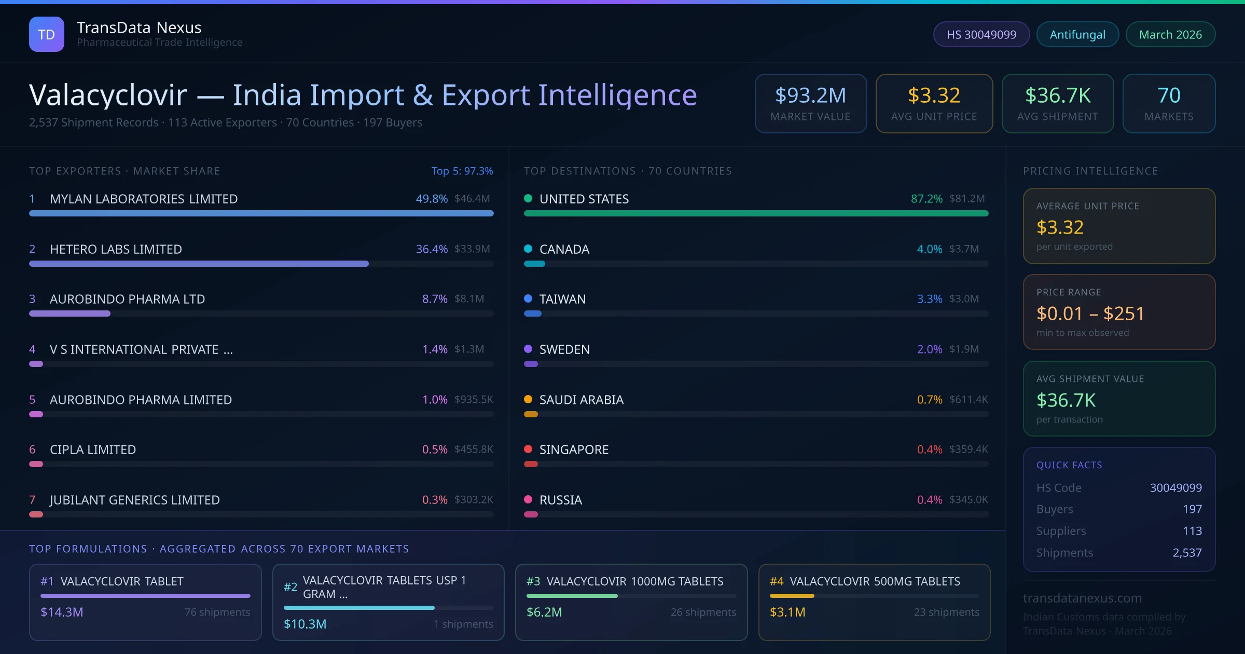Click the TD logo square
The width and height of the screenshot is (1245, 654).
[x=46, y=34]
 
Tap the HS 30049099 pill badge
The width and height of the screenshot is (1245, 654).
[x=981, y=34]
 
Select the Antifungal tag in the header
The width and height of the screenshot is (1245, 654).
[x=1077, y=34]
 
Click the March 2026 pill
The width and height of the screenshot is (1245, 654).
[x=1170, y=34]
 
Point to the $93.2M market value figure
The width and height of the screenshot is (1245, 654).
[x=810, y=96]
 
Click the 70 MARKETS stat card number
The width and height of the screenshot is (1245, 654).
[x=1169, y=96]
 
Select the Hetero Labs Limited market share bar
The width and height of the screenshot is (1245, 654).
[x=199, y=264]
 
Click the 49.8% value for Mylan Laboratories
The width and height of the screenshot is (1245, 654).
[x=432, y=199]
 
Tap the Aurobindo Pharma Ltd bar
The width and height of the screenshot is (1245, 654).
[x=70, y=314]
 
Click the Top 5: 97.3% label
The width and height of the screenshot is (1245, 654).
[x=462, y=171]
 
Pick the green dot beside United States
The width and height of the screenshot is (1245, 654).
[x=528, y=198]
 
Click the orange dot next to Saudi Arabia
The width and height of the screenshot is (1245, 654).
[x=528, y=399]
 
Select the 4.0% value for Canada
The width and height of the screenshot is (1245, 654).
[x=929, y=249]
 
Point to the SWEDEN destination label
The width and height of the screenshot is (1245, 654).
[x=564, y=349]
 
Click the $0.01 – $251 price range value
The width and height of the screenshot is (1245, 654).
[x=1090, y=314]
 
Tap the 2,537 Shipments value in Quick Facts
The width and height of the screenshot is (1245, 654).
[x=1187, y=553]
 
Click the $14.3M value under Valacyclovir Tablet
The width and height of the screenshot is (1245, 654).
[x=62, y=612]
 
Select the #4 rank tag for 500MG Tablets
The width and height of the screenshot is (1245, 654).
[x=777, y=581]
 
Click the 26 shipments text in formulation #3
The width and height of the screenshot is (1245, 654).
[x=703, y=612]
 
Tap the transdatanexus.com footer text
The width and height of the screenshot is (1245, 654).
[x=1082, y=598]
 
